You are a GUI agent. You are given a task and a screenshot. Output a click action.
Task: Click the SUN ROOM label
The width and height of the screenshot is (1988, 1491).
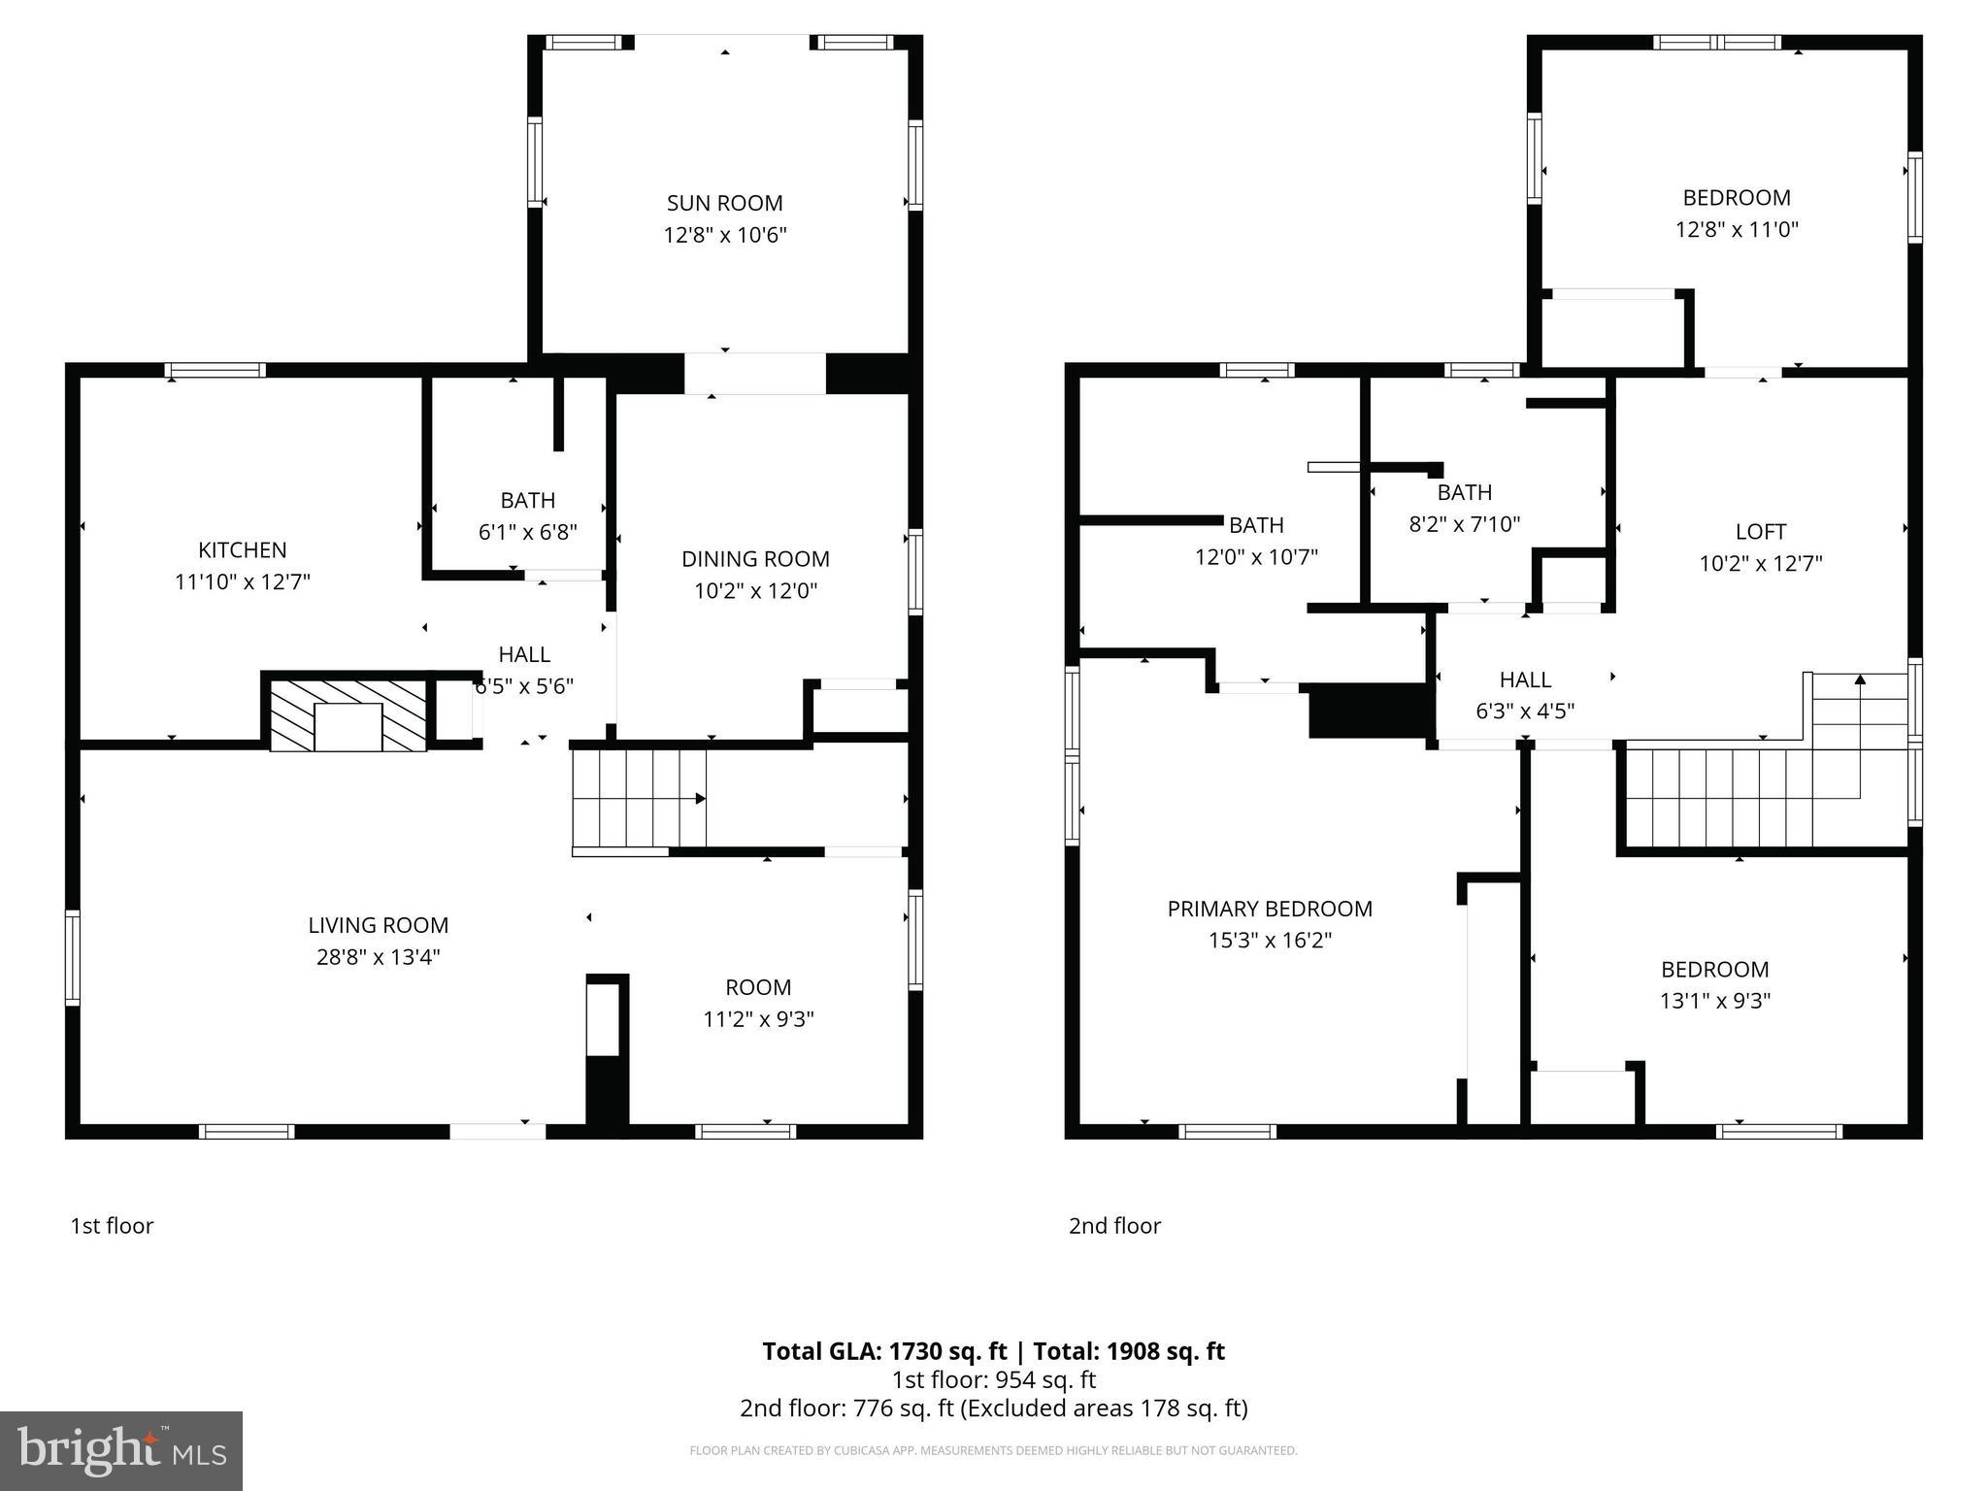pos(724,203)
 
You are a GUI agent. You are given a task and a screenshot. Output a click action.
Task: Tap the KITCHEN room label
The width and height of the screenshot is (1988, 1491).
pos(242,550)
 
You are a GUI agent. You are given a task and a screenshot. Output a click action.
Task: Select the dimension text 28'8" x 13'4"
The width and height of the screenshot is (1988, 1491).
pos(378,957)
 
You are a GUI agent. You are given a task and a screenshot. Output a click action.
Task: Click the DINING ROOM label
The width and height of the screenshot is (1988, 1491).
pos(755,559)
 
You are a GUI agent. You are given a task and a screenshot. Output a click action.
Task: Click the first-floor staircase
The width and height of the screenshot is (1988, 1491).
pos(638,799)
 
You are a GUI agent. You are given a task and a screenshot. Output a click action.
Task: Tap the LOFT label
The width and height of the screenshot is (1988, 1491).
pos(1760,532)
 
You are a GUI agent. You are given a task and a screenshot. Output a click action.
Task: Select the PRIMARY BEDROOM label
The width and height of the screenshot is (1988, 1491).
pos(1269,909)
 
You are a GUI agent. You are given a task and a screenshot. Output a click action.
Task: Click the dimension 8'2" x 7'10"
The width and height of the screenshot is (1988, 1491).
pos(1464,524)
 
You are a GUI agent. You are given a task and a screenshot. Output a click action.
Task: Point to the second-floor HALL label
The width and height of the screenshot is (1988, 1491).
pos(1524,679)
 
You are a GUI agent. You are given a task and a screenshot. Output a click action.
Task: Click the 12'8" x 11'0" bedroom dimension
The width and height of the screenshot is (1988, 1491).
pos(1737,230)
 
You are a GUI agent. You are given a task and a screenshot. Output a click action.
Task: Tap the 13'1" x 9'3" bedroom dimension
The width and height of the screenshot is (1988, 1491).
pos(1714,1001)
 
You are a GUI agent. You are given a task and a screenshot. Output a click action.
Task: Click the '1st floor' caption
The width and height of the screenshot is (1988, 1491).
pos(112,1226)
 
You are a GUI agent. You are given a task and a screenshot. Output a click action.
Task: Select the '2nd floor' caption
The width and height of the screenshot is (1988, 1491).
pos(1114,1226)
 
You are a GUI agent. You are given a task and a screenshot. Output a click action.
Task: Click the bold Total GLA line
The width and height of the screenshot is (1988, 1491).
pos(993,1351)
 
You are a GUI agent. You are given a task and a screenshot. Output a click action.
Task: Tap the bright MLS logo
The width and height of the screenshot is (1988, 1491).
pos(121,1451)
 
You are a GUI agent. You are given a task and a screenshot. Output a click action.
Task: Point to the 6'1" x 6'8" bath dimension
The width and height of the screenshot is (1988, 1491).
pos(527,532)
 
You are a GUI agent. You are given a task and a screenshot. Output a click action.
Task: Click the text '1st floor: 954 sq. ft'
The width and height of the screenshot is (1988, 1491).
pos(993,1379)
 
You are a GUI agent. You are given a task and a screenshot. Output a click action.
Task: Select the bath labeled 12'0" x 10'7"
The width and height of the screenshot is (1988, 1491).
pos(1256,541)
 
